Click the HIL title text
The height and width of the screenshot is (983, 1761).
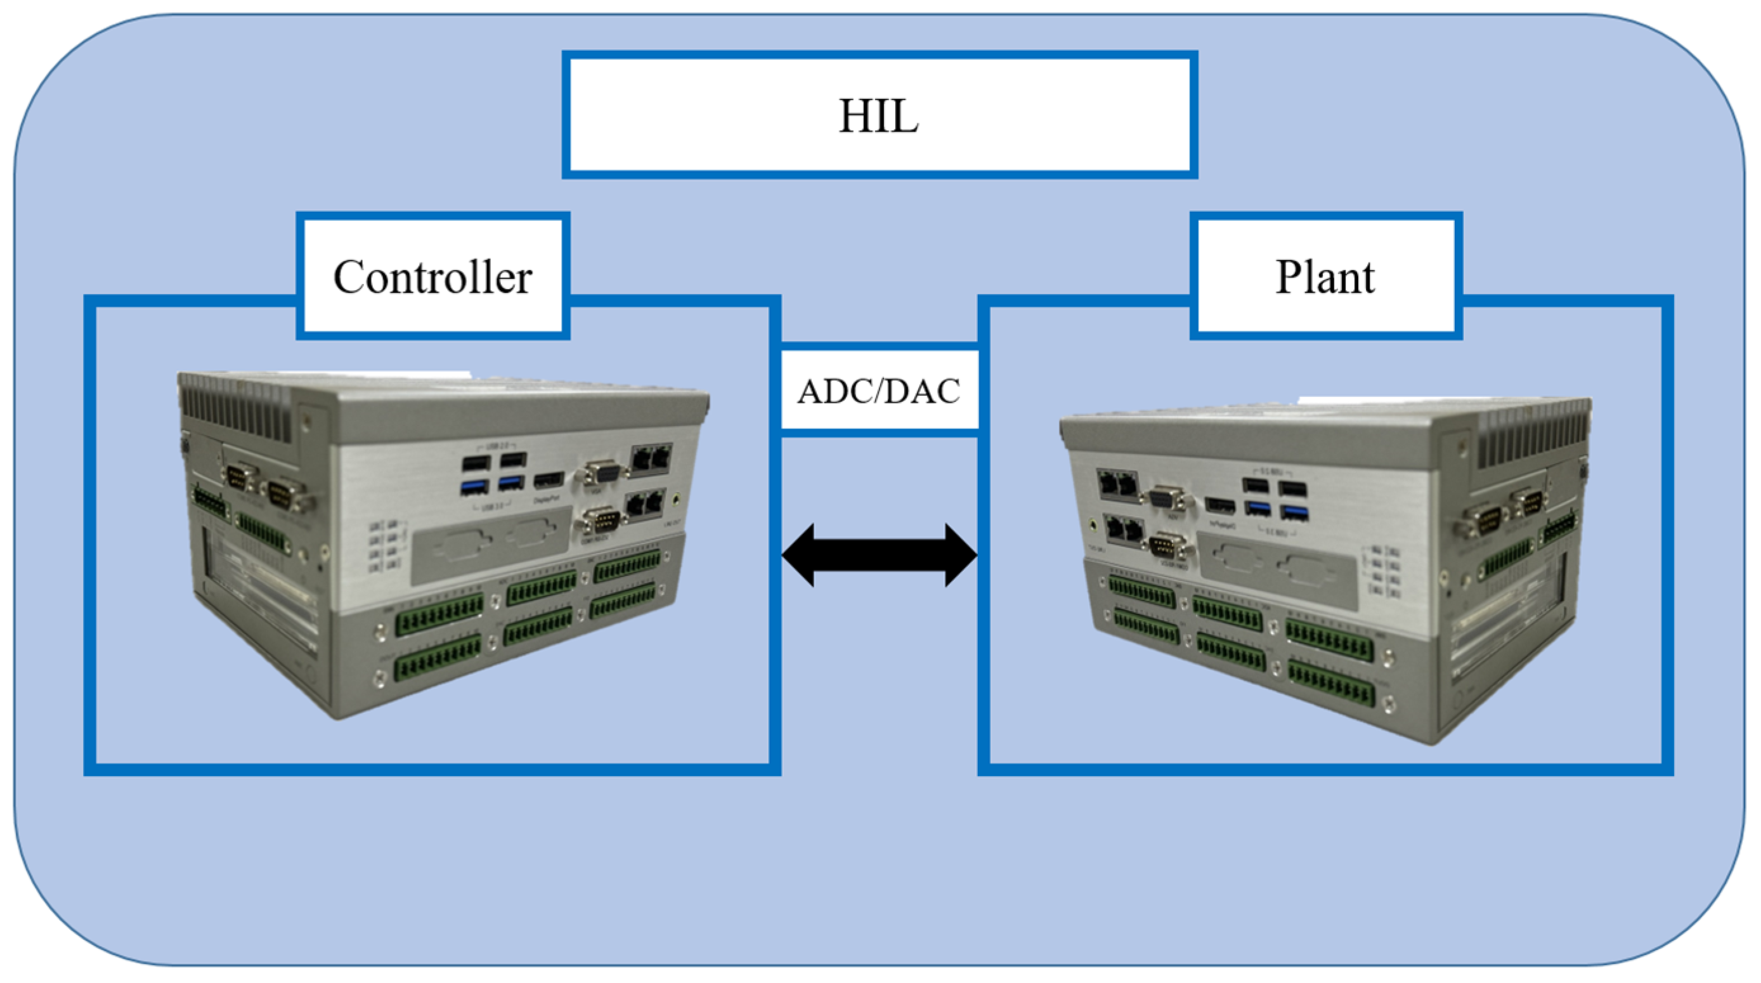click(878, 116)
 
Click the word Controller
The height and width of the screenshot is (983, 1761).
click(432, 277)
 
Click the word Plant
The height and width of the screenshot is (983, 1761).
click(1325, 277)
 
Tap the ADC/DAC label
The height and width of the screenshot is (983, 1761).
click(878, 392)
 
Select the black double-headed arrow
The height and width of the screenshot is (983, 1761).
click(879, 555)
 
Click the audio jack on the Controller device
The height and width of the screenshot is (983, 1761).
click(677, 500)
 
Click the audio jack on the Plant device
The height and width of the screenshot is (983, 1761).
click(1093, 525)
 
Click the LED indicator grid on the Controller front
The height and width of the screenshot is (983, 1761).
click(384, 545)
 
